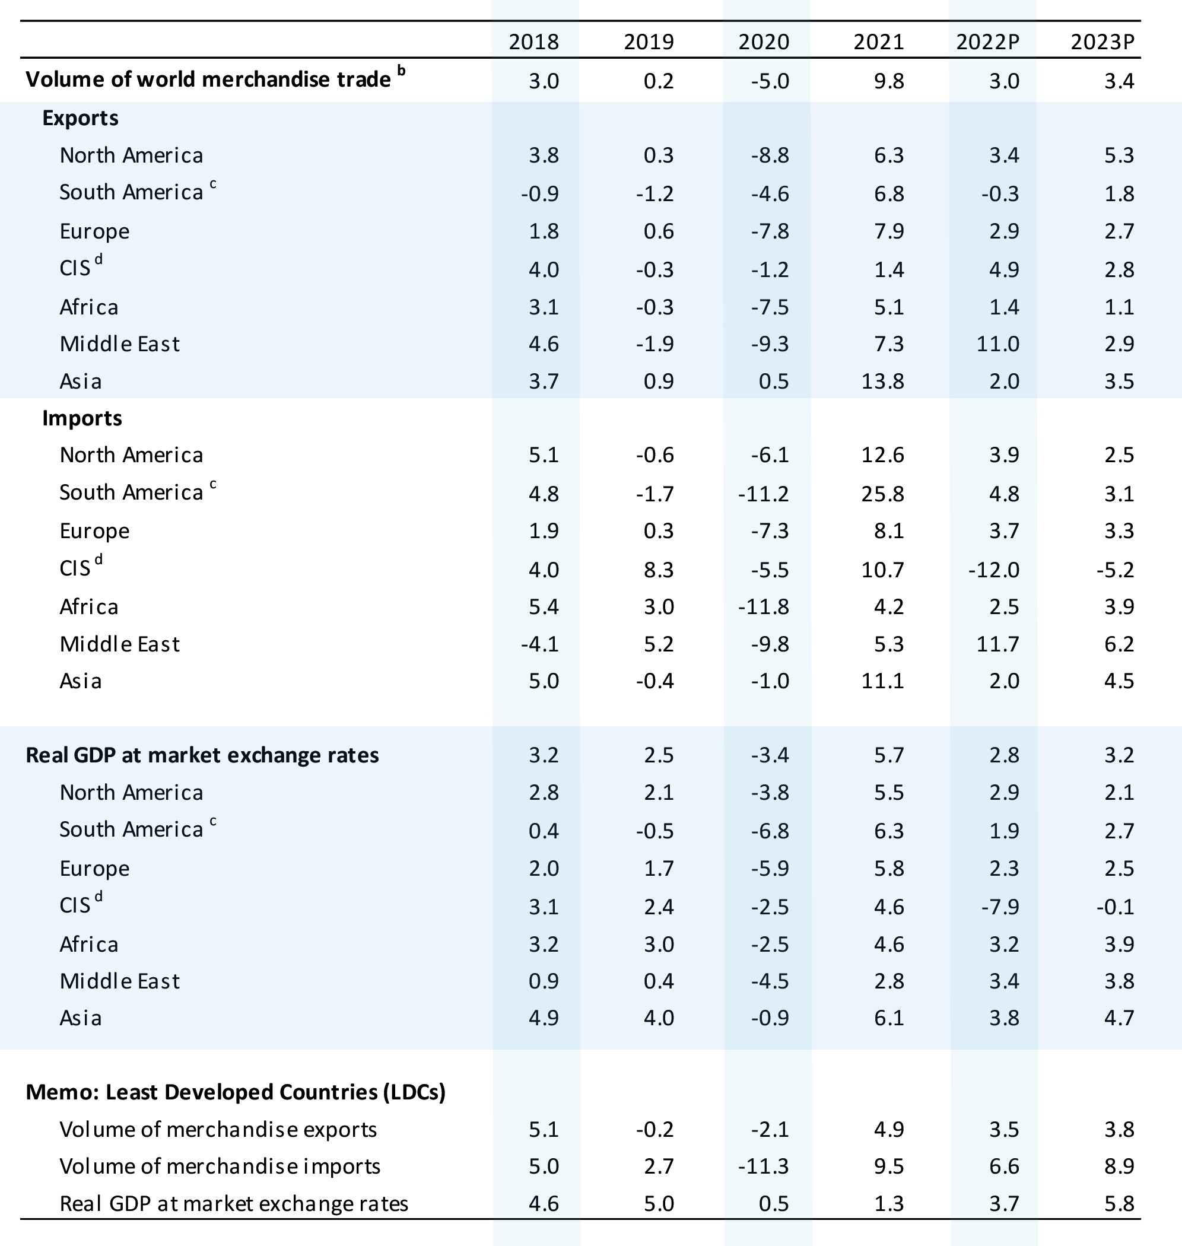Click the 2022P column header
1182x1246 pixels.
[x=987, y=42]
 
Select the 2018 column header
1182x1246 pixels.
[x=533, y=42]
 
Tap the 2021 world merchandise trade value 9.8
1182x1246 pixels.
[x=889, y=81]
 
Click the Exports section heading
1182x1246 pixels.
[x=80, y=118]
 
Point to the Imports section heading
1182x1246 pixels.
[x=82, y=418]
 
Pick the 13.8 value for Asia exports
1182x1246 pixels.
[x=883, y=381]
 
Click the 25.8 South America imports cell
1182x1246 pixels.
[x=883, y=493]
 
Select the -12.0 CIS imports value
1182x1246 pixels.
[x=994, y=570]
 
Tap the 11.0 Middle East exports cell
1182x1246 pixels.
[x=998, y=344]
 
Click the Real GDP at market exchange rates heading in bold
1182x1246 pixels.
[x=202, y=755]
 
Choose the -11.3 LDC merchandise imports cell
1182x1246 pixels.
[x=764, y=1166]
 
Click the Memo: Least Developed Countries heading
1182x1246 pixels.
[x=236, y=1092]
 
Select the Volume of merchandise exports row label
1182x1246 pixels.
[x=218, y=1130]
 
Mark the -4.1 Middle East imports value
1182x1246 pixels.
[x=540, y=644]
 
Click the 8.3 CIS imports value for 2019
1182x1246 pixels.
[x=659, y=570]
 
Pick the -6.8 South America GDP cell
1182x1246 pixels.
[x=770, y=831]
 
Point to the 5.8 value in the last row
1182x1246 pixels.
[x=1119, y=1204]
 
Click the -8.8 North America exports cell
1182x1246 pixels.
[x=770, y=155]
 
